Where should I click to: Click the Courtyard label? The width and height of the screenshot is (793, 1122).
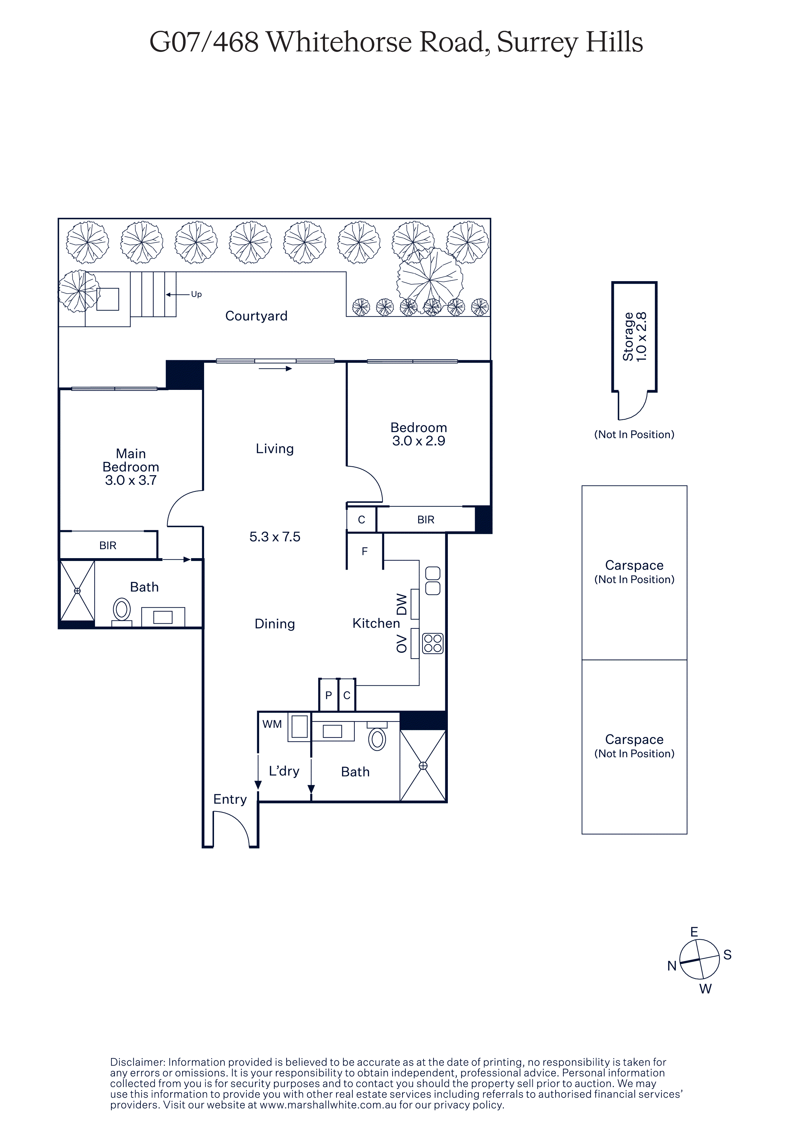point(256,316)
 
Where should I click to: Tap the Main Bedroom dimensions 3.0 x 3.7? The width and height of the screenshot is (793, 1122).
point(131,480)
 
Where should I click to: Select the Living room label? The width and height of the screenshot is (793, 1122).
point(274,449)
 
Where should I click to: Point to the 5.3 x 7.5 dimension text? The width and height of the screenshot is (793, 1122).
point(274,537)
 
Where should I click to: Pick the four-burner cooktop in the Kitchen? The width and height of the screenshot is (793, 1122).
point(433,643)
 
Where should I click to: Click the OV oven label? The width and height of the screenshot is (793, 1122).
point(402,644)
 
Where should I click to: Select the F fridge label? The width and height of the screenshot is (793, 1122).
point(364,551)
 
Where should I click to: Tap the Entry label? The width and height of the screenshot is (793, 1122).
point(230,800)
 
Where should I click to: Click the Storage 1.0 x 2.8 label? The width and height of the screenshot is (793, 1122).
point(634,337)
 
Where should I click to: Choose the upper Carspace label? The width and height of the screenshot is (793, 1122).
point(634,565)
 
